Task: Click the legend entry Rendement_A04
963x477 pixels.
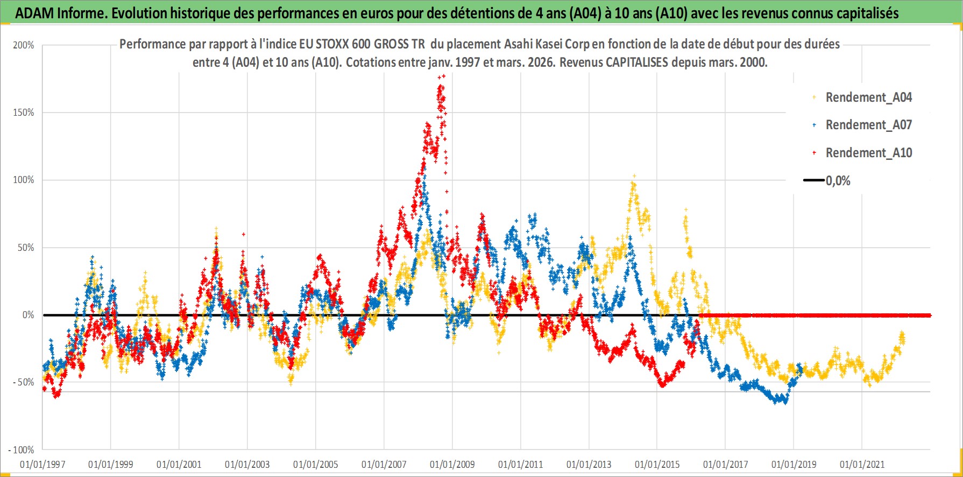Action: [x=868, y=97]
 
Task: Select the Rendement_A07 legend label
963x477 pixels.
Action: [x=868, y=125]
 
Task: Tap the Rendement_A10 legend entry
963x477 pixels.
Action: [x=868, y=153]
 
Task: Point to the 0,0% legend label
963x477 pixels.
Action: [x=838, y=181]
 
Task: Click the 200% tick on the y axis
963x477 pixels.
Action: [x=24, y=45]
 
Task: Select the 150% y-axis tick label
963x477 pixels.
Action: [x=24, y=113]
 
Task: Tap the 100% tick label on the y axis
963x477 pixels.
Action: [x=24, y=180]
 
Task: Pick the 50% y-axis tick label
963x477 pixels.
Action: [x=26, y=248]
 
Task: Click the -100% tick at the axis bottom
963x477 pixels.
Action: [x=22, y=450]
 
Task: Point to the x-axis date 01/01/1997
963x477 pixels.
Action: [x=43, y=464]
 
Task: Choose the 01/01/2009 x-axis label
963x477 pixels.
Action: [x=452, y=464]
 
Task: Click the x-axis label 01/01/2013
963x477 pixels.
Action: [x=589, y=464]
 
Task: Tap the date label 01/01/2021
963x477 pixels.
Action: [x=862, y=464]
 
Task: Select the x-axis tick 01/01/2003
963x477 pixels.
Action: [x=247, y=464]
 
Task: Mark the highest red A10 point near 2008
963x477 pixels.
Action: [x=443, y=76]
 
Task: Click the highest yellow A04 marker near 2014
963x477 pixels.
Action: [x=634, y=176]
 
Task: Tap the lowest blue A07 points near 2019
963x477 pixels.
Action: [x=785, y=402]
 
